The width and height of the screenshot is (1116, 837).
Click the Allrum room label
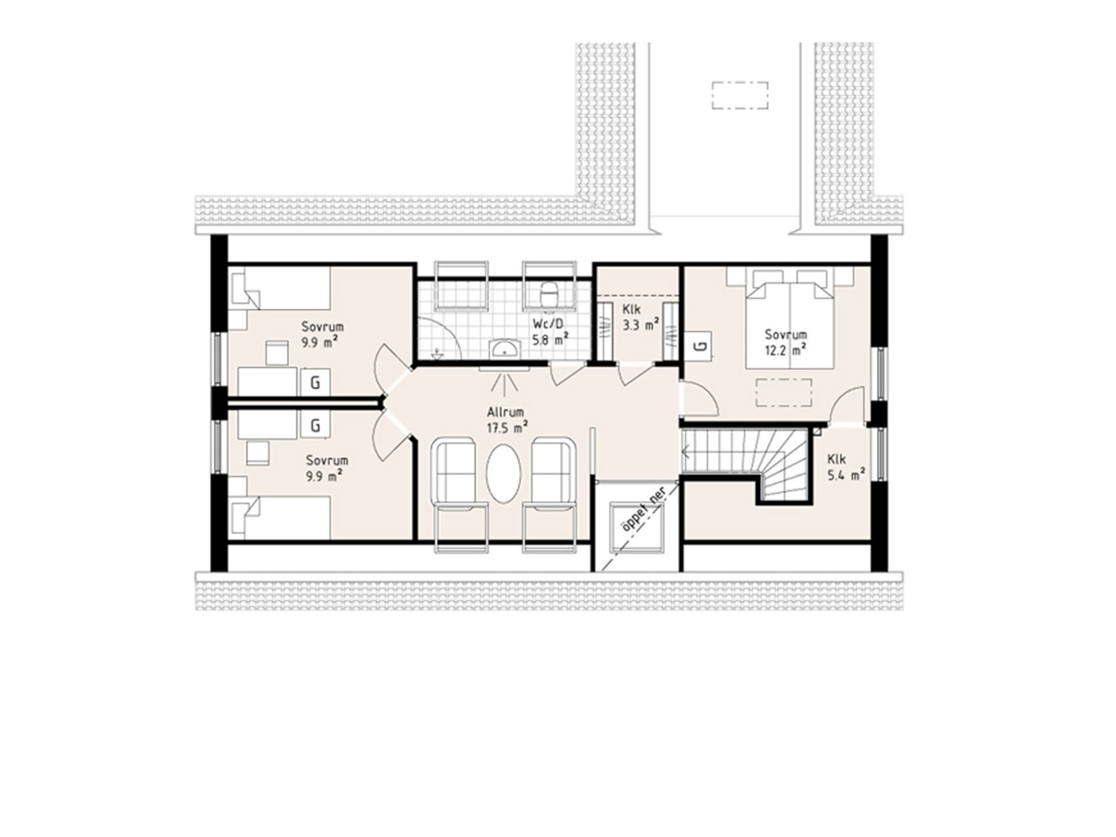(505, 413)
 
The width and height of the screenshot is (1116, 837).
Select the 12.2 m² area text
(786, 350)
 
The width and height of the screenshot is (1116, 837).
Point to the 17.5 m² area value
(507, 428)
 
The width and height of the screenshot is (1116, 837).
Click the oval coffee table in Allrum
(503, 474)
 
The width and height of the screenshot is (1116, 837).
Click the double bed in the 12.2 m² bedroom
(790, 318)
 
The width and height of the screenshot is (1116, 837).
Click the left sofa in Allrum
(460, 488)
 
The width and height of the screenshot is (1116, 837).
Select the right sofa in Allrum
(550, 488)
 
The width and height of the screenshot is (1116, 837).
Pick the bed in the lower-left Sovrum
(280, 517)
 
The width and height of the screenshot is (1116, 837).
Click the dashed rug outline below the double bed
(784, 392)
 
